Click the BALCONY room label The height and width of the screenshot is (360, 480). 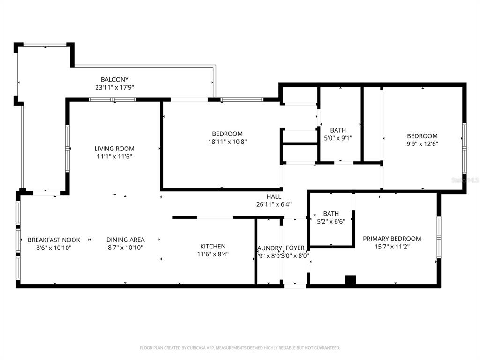click(x=114, y=80)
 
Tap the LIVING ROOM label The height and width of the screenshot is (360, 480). click(x=114, y=149)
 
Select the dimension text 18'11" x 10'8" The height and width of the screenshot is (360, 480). click(x=227, y=142)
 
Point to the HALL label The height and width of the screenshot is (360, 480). click(x=274, y=196)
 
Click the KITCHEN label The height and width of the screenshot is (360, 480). click(x=213, y=246)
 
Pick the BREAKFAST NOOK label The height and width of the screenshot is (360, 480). click(x=53, y=240)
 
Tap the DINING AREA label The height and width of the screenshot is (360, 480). click(x=125, y=240)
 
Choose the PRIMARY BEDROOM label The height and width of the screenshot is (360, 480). click(x=392, y=239)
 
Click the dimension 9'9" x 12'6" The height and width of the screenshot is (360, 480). click(x=422, y=144)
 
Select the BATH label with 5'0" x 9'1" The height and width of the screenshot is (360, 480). click(x=338, y=130)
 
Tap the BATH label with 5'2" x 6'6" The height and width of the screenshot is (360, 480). click(x=331, y=214)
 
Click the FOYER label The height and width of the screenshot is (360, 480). click(x=295, y=248)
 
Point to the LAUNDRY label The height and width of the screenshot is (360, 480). click(x=270, y=248)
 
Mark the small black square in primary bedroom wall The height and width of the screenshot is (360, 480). click(x=350, y=280)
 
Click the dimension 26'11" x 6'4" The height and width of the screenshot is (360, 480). click(x=274, y=204)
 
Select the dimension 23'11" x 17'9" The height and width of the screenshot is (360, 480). click(x=114, y=87)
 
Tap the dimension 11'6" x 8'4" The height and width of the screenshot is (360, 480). click(x=213, y=254)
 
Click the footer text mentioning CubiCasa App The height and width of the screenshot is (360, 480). click(x=240, y=348)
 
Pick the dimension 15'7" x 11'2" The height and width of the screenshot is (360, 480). click(x=392, y=247)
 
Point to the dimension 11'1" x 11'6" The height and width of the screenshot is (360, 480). click(x=114, y=157)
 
